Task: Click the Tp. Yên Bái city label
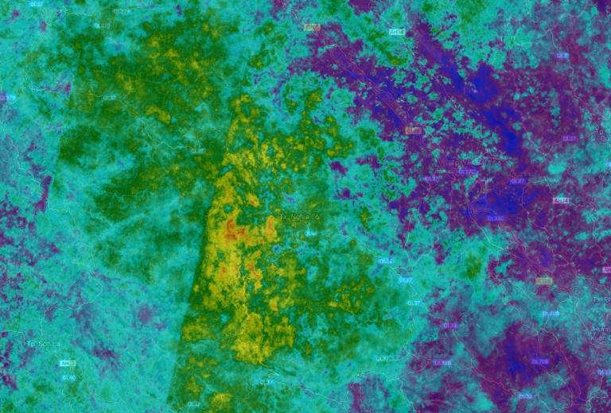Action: click(469, 164)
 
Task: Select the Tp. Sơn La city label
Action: click(44, 344)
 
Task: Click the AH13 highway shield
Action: click(68, 363)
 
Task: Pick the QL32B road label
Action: click(442, 362)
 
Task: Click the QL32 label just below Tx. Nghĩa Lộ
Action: click(310, 234)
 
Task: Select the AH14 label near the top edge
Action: click(396, 31)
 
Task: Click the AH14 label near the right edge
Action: click(560, 199)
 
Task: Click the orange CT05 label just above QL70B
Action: click(544, 280)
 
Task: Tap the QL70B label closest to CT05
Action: click(550, 314)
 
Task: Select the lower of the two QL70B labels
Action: click(540, 361)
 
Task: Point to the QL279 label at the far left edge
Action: click(7, 97)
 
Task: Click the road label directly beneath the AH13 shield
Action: click(68, 377)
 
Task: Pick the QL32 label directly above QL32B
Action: click(450, 325)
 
